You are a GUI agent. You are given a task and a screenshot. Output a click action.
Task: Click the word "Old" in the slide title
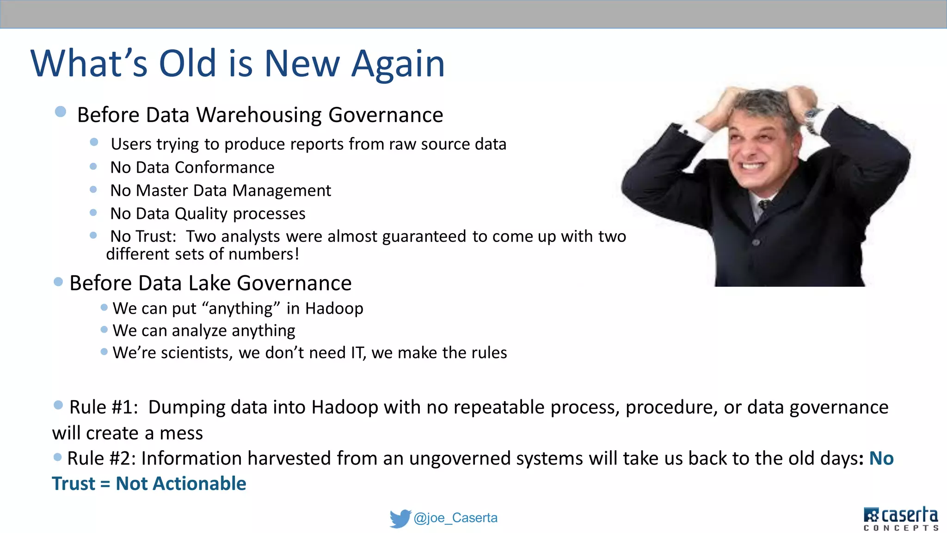click(x=187, y=63)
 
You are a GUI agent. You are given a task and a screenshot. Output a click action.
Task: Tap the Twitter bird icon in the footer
click(x=400, y=518)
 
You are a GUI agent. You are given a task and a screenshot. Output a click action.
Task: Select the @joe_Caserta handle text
click(x=455, y=518)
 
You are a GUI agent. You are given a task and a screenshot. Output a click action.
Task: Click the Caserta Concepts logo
click(x=900, y=518)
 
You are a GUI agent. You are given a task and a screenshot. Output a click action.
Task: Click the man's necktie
click(x=765, y=206)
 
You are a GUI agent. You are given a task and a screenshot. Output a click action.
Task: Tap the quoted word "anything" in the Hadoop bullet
click(x=241, y=309)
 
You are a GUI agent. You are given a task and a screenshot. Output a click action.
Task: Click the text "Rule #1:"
click(x=104, y=408)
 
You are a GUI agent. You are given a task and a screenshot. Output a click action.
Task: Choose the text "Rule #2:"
click(x=101, y=459)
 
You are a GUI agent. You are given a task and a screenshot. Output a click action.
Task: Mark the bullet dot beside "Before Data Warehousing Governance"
click(x=61, y=112)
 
